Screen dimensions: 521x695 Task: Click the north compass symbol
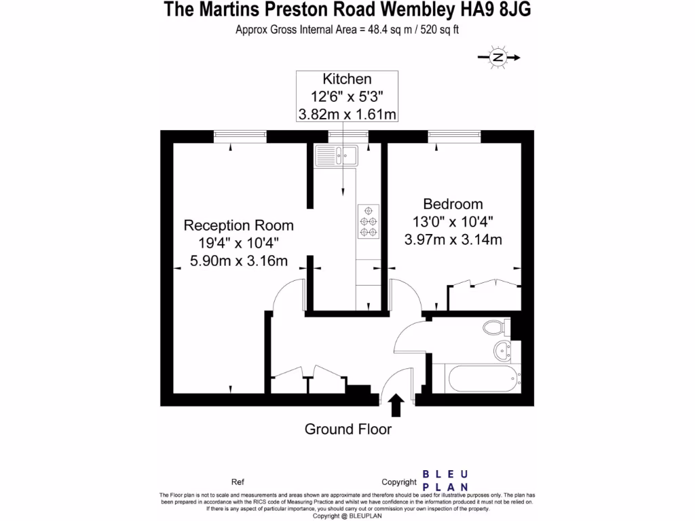(498, 58)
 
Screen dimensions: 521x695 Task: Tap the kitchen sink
(336, 157)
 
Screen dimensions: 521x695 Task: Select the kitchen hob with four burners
(368, 221)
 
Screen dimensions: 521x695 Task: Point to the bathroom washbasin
(503, 351)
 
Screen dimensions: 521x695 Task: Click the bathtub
(475, 379)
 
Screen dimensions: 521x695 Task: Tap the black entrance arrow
(396, 406)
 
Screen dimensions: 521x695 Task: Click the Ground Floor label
(347, 429)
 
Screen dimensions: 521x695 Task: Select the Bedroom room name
(453, 204)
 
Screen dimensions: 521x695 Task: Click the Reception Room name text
(239, 225)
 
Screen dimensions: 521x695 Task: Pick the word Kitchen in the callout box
(347, 79)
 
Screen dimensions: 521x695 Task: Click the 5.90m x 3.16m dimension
(239, 260)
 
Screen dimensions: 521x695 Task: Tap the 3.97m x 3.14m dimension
(453, 239)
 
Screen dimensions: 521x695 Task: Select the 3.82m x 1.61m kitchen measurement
(347, 114)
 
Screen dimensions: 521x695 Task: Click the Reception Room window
(239, 136)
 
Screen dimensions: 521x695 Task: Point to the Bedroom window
(453, 136)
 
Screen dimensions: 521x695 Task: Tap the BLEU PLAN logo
(445, 480)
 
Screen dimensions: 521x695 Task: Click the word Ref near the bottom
(238, 482)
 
